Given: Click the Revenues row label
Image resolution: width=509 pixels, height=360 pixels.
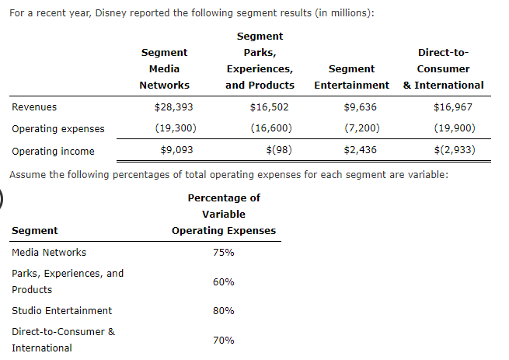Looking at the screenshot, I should tap(34, 107).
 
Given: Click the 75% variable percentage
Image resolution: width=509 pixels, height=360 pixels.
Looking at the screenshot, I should tap(223, 253).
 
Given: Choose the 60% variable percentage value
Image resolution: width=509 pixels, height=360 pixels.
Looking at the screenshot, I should tap(223, 281).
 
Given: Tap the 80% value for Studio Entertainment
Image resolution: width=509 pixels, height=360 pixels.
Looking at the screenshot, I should tap(223, 310).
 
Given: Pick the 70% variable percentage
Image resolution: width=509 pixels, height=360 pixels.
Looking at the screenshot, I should tap(223, 340).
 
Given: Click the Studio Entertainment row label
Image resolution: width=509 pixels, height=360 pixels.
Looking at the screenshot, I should tap(62, 310).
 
